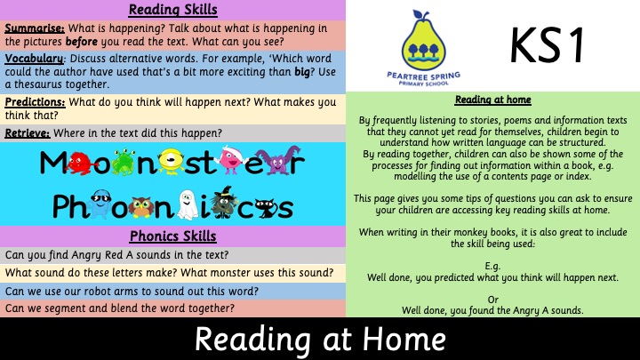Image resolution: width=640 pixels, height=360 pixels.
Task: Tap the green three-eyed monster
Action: [124, 162]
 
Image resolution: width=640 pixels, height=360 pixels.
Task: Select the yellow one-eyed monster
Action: [171, 161]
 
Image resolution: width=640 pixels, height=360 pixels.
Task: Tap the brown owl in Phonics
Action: [140, 207]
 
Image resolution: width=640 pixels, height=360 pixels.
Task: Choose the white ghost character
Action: [188, 204]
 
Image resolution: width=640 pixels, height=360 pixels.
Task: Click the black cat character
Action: [267, 208]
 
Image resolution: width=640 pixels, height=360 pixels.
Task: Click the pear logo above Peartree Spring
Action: [423, 40]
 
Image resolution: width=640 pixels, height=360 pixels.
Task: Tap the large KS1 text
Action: [547, 45]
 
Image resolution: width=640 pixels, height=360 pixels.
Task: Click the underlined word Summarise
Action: [35, 28]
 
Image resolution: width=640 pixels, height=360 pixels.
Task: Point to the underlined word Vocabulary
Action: [34, 59]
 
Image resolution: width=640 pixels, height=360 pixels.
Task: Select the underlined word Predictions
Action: [35, 102]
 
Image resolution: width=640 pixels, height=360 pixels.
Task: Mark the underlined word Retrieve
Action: [28, 133]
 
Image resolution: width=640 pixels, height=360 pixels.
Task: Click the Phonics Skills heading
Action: [173, 236]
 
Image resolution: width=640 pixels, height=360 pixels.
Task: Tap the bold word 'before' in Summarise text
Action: [81, 42]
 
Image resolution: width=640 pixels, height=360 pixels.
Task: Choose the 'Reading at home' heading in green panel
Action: [493, 100]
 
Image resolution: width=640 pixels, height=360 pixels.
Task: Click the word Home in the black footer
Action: [404, 340]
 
